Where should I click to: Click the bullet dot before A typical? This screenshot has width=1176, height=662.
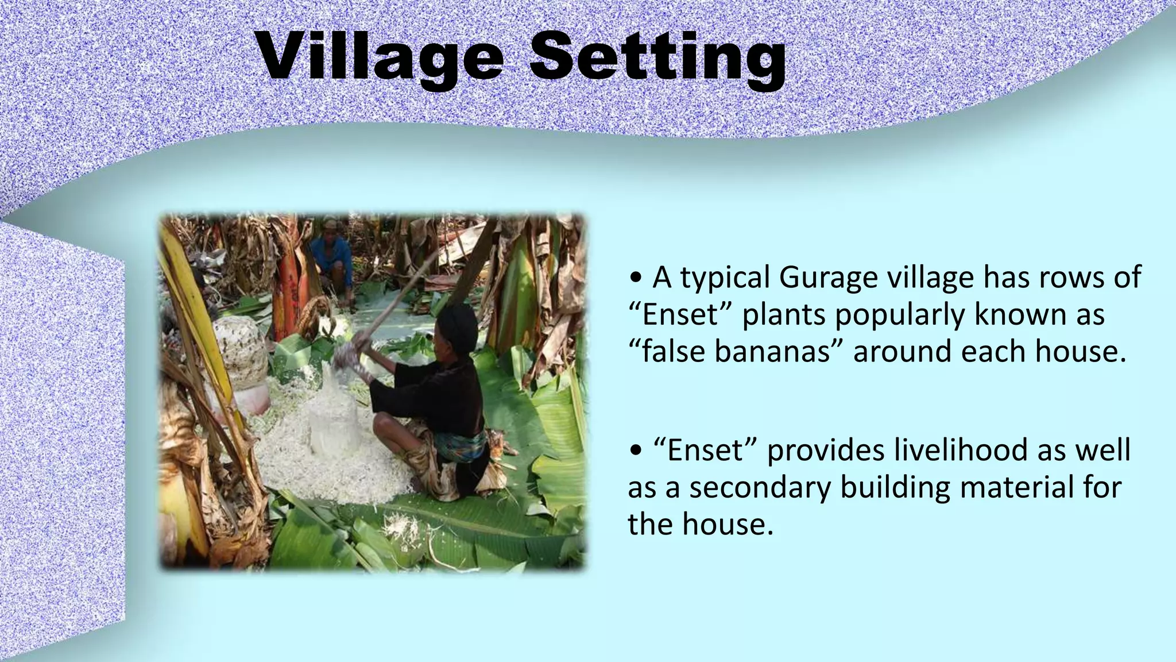[x=635, y=279]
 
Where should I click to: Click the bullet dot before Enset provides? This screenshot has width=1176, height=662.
[x=635, y=451]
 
